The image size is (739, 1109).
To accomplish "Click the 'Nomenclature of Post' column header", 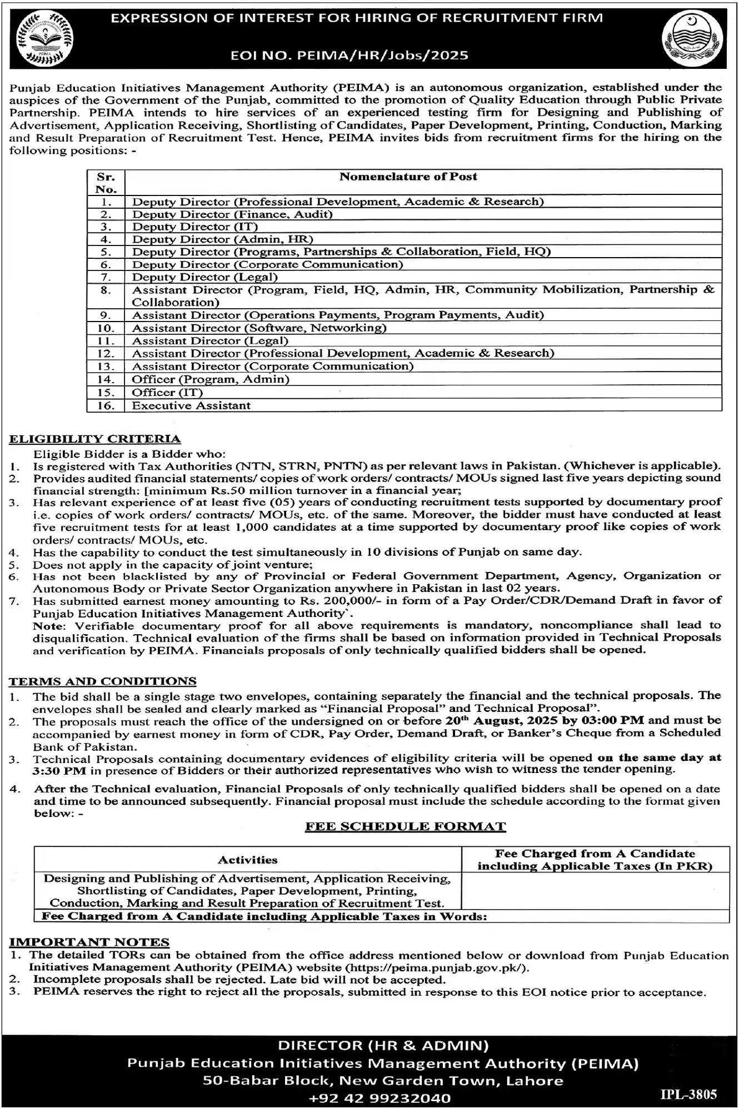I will tap(408, 177).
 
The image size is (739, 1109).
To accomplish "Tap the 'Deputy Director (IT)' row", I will tap(195, 227).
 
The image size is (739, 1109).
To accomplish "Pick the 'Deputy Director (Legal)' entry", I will tap(204, 277).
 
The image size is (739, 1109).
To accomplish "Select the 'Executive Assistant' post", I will tap(191, 405).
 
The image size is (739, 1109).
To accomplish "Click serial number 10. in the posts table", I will tap(106, 328).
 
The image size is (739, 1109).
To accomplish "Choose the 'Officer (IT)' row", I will tap(167, 392).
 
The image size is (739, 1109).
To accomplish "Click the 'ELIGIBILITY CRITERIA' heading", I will tap(95, 439).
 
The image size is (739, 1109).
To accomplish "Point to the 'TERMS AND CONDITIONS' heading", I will tap(103, 681).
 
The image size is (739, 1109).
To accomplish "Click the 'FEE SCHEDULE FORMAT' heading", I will tap(405, 826).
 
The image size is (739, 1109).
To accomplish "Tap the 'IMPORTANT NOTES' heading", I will tap(89, 942).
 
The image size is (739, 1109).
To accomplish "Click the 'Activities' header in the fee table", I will tap(247, 860).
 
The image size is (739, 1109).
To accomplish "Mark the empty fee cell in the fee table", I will tap(595, 890).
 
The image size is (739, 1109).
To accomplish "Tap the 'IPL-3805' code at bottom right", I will tap(688, 1094).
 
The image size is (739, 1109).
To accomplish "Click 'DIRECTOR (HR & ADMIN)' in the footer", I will tap(383, 1046).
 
